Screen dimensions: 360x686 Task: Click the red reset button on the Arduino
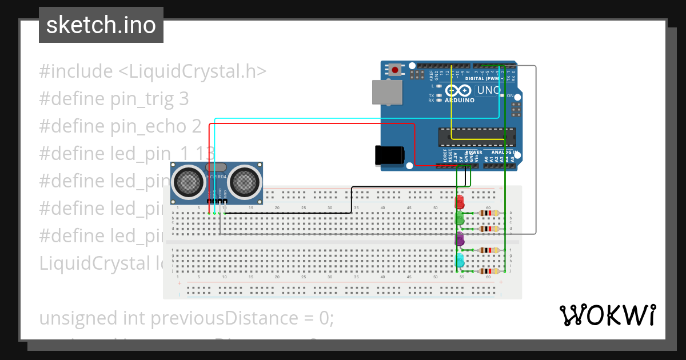394,70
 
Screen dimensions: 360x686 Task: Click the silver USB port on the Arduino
386,91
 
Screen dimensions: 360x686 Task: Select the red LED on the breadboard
459,202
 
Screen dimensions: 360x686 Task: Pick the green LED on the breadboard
459,218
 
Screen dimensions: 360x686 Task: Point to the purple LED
459,239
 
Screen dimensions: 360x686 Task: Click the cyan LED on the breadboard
459,261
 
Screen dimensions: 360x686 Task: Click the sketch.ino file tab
101,25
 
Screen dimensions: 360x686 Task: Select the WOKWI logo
607,315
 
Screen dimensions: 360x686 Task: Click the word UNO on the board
489,90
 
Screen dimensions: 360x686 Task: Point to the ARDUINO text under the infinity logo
459,101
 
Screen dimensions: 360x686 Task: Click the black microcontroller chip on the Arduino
477,137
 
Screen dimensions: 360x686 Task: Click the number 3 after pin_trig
184,99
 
